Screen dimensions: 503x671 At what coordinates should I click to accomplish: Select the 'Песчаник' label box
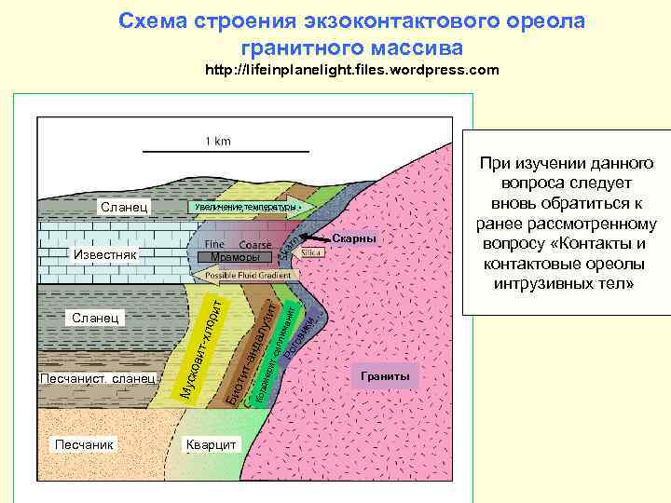coord(84,444)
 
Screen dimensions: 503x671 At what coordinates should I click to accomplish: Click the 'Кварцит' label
coord(211,444)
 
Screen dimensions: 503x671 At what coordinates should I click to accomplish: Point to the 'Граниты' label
coord(386,375)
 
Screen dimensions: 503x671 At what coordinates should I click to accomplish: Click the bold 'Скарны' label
coord(354,239)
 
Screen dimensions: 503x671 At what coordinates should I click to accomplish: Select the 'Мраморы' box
coord(236,256)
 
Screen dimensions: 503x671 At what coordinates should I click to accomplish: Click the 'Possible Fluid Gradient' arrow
coord(248,276)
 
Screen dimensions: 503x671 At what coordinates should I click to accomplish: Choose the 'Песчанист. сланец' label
coord(97,378)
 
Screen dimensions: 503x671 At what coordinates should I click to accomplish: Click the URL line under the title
coord(352,70)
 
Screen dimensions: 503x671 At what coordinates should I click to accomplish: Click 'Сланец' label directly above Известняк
coord(121,205)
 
